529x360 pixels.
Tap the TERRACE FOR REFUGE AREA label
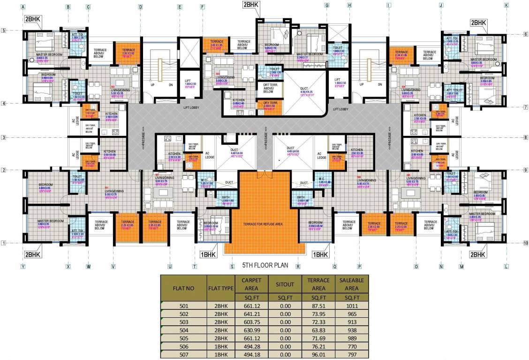click(263, 225)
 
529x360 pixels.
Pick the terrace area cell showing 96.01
click(319, 355)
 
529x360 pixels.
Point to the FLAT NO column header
click(183, 288)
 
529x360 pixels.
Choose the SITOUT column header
click(285, 284)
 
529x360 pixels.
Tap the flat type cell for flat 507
click(220, 355)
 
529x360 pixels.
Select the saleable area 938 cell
click(348, 331)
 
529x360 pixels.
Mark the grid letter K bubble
click(506, 6)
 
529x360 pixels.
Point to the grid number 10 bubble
click(526, 243)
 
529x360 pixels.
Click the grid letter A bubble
click(23, 7)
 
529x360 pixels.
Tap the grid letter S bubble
click(232, 266)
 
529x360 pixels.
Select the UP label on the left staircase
click(152, 85)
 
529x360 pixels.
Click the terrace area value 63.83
click(319, 331)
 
